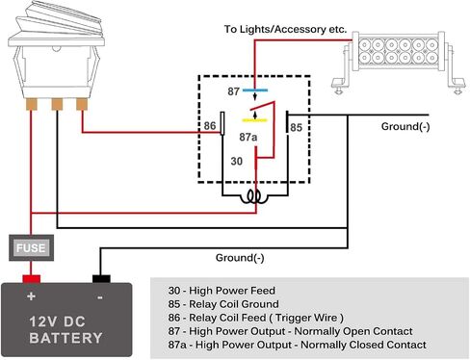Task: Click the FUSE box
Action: point(31,247)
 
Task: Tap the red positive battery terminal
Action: point(31,279)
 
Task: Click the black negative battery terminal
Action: point(101,279)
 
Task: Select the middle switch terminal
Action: point(57,104)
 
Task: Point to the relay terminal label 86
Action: point(210,125)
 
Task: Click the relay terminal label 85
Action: point(296,127)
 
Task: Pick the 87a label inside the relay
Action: point(248,137)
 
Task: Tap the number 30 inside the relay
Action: point(237,161)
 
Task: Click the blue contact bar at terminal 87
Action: point(255,90)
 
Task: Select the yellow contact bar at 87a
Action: point(254,120)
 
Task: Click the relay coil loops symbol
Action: point(255,196)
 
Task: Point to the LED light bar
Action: point(399,62)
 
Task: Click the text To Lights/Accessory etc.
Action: point(285,29)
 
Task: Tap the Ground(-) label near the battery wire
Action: point(240,258)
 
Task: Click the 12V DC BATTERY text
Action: point(65,330)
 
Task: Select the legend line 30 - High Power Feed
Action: point(222,291)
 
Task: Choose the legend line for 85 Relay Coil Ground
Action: point(223,304)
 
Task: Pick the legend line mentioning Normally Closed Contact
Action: point(298,345)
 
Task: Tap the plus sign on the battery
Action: point(31,296)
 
